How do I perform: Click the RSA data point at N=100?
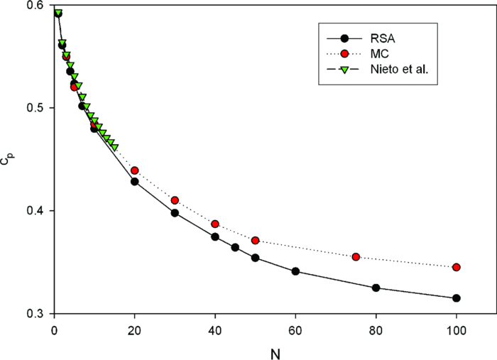(457, 298)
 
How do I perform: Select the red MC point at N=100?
(457, 267)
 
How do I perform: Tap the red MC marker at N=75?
(356, 257)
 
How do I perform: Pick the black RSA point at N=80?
(376, 288)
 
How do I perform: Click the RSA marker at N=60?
(295, 271)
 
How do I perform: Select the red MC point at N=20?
(135, 170)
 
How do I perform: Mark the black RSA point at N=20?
(135, 181)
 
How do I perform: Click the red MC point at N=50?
(256, 241)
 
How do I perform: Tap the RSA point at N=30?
(175, 213)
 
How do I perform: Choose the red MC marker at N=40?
(215, 224)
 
